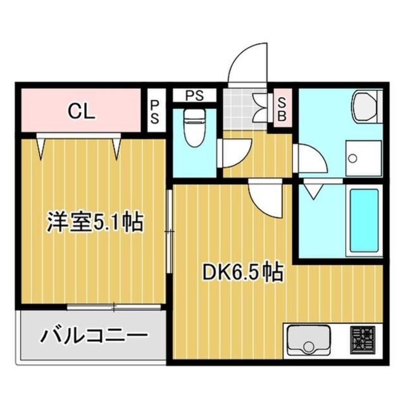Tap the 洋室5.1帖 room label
click(94, 223)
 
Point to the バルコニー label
click(94, 335)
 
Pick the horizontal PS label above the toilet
click(194, 96)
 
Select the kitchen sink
click(308, 342)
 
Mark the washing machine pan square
click(363, 158)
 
